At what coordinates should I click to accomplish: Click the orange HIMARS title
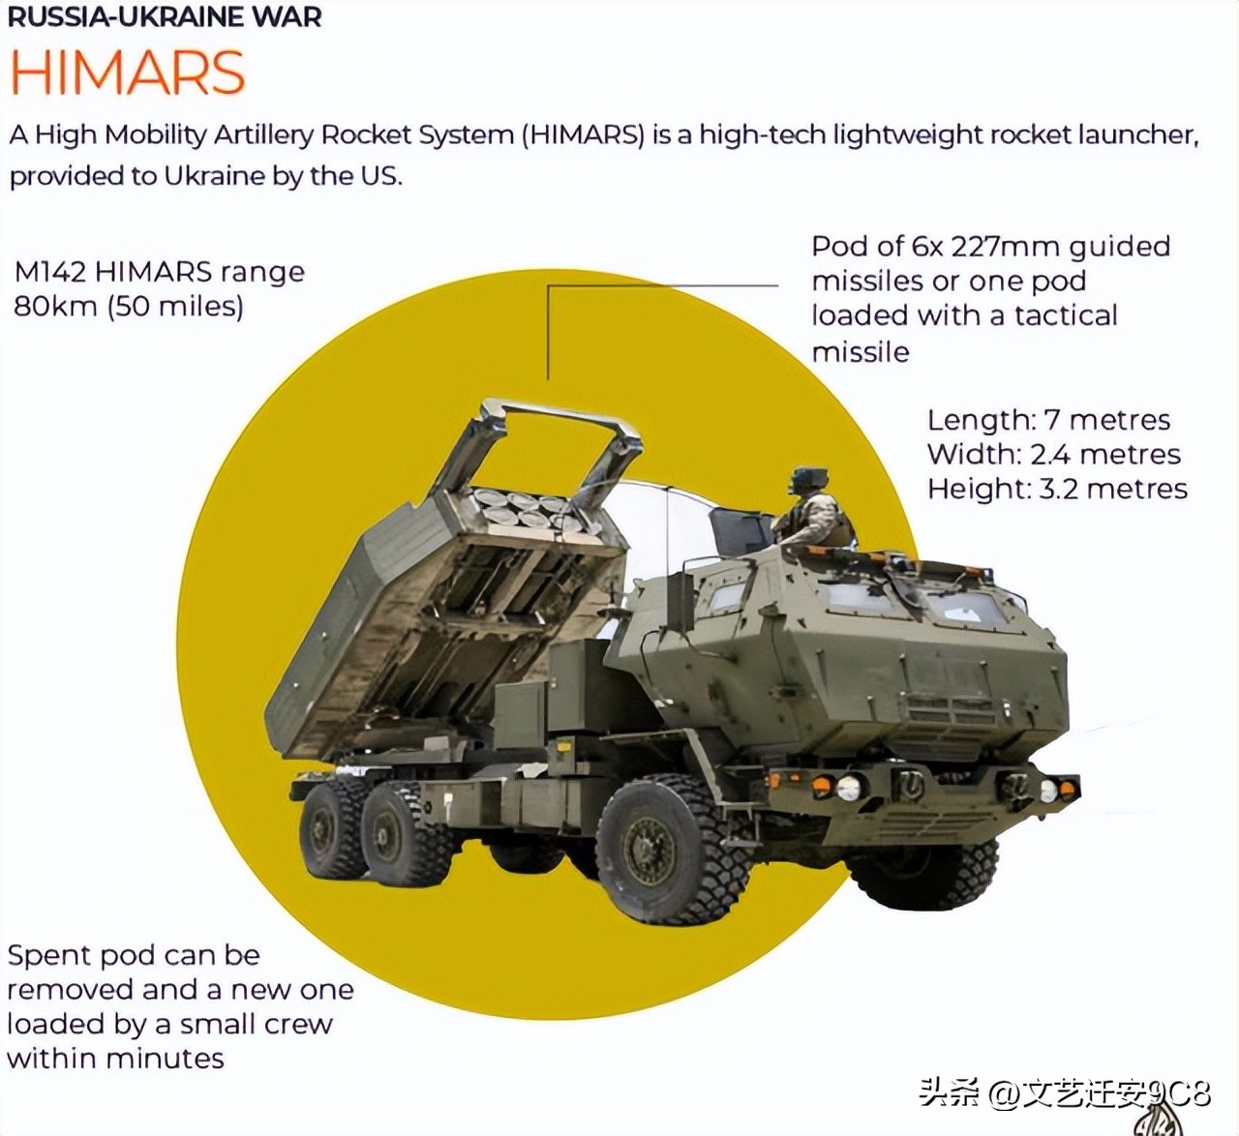pos(128,73)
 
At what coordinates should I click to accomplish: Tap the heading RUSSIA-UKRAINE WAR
pos(165,17)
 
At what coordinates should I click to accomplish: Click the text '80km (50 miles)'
pos(129,307)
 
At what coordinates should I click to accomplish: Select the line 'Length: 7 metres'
pos(1048,421)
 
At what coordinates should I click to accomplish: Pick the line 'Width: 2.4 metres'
pos(1054,455)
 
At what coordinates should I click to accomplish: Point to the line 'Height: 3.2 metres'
pos(1057,490)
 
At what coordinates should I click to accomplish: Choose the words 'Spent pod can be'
pos(134,956)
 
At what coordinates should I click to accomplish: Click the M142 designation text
pos(50,273)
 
